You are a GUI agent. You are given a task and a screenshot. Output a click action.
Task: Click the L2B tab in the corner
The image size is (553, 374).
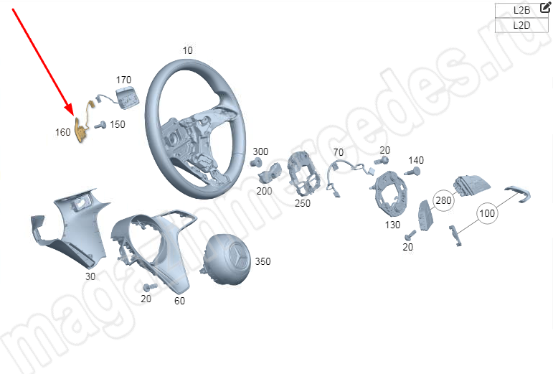(521, 10)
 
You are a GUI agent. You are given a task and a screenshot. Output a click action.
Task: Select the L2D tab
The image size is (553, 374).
(521, 25)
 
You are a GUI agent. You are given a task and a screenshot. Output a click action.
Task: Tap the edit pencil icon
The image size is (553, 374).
(545, 7)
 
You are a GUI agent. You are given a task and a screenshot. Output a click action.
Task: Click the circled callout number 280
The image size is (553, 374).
(443, 200)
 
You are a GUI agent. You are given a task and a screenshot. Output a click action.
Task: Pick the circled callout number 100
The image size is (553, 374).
(487, 213)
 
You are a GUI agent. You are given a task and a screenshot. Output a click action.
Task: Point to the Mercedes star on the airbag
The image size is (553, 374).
(237, 257)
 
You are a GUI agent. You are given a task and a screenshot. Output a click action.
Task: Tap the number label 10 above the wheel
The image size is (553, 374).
(188, 50)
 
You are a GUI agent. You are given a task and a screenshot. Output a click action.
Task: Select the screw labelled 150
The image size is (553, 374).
(100, 125)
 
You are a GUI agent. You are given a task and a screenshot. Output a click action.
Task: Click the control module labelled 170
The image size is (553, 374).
(128, 98)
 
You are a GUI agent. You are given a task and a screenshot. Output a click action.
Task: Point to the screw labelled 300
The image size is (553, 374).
(256, 162)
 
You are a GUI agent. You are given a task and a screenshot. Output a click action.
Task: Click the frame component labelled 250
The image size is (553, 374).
(303, 174)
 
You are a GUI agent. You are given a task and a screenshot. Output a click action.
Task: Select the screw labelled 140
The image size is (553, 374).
(413, 172)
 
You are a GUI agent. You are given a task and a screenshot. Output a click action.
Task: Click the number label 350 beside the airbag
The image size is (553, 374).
(263, 261)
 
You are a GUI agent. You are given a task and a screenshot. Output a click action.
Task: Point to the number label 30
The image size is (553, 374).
(90, 276)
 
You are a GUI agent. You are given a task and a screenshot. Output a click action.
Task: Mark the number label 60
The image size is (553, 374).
(179, 301)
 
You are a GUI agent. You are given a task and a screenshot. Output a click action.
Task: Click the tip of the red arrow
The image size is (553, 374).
(73, 116)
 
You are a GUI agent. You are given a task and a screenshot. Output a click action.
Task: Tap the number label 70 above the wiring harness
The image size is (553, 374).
(339, 152)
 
